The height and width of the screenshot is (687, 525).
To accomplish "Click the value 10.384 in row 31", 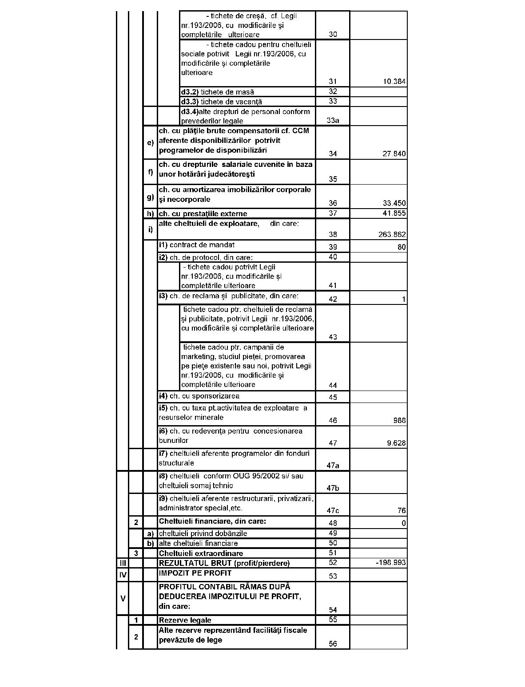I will (394, 82).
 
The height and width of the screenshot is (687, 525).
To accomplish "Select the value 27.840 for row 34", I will (394, 154).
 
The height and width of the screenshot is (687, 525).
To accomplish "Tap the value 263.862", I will (392, 234).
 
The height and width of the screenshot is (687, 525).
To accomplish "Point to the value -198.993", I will (391, 563).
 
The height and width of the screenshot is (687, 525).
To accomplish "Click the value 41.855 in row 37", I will (394, 213).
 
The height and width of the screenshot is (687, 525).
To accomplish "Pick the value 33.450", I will (394, 203).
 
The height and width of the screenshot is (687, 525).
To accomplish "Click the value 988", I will (399, 420).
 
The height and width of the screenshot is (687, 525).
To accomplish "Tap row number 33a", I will (333, 120).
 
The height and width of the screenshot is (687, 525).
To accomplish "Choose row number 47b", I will (333, 488).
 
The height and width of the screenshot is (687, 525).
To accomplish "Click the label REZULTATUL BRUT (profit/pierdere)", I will (224, 563).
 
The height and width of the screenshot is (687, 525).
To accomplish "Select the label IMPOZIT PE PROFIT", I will (195, 573).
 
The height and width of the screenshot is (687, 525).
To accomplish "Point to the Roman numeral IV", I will (123, 575).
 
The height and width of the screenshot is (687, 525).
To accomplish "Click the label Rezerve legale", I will (185, 620).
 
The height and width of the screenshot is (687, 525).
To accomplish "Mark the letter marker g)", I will (151, 197).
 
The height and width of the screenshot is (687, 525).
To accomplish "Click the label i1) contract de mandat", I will (197, 245).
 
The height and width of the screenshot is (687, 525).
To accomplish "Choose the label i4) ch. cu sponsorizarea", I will (199, 396).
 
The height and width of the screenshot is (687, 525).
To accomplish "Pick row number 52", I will (333, 563).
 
